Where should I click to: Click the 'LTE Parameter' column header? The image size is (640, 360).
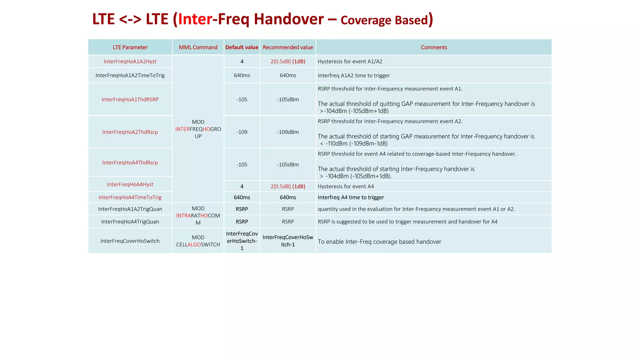[x=130, y=47]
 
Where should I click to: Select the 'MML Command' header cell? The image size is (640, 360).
[x=198, y=47]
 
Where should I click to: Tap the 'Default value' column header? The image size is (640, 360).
[x=242, y=47]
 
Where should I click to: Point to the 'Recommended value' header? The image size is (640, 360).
[x=288, y=47]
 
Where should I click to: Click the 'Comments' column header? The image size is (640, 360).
[x=434, y=47]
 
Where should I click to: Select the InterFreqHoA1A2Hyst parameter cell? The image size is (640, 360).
[x=130, y=62]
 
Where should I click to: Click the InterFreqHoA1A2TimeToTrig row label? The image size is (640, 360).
[x=130, y=75]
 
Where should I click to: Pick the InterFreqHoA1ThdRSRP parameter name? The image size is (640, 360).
[x=130, y=99]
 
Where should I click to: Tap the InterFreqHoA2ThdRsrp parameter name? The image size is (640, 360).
[x=130, y=132]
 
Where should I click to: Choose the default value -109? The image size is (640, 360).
[x=242, y=132]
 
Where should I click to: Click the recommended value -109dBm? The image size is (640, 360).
[x=288, y=132]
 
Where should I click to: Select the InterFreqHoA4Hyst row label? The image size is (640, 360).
[x=130, y=184]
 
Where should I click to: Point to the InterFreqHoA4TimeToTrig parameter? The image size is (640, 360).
[x=130, y=197]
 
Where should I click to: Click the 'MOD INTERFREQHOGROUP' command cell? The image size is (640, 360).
[x=198, y=129]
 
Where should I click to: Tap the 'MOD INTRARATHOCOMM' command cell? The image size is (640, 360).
[x=198, y=216]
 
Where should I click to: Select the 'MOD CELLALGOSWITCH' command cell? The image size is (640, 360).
[x=198, y=241]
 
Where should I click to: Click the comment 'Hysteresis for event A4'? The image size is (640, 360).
[x=346, y=187]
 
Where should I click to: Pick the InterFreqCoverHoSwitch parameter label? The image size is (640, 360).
[x=130, y=241]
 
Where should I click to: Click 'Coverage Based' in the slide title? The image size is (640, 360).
[x=384, y=20]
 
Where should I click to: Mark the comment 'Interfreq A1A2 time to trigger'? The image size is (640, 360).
[x=354, y=76]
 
